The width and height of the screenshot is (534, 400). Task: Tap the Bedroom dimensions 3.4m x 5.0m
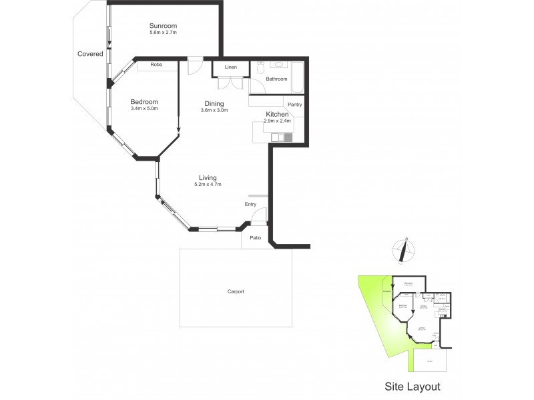[144, 108]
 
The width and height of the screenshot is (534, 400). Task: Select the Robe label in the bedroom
[156, 65]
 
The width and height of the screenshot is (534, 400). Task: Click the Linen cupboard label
[231, 67]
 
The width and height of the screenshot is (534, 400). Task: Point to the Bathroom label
[276, 79]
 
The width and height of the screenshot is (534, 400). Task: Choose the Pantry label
[294, 105]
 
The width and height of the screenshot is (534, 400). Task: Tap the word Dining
[214, 103]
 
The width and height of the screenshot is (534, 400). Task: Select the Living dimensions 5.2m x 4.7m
[207, 184]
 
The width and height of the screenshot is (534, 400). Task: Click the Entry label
[250, 205]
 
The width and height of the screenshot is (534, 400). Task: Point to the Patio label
[255, 238]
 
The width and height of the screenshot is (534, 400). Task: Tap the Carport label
[234, 292]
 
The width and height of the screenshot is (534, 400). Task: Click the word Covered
[90, 54]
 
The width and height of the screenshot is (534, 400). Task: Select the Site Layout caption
[412, 386]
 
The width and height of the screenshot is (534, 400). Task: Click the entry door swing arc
[262, 215]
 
